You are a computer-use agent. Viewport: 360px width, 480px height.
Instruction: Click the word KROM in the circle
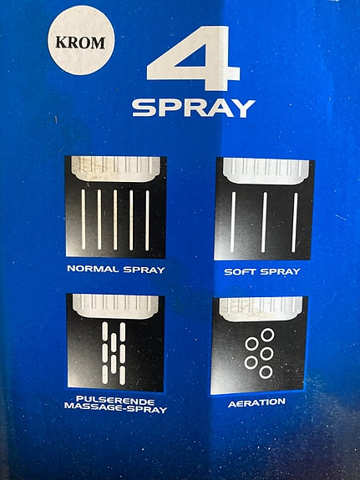click(80, 43)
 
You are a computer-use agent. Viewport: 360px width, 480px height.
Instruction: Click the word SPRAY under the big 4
click(194, 108)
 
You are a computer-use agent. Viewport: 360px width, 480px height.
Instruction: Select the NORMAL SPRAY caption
click(116, 270)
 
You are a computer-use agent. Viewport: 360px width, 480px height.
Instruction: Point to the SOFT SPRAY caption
click(262, 271)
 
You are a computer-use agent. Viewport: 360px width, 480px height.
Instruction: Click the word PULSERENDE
click(115, 401)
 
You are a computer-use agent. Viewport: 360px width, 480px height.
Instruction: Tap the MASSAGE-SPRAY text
click(116, 408)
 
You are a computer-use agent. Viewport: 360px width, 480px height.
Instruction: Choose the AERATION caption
click(256, 402)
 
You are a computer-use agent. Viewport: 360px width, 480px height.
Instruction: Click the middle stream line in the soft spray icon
click(264, 222)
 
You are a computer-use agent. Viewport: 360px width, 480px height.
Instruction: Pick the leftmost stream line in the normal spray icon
click(84, 220)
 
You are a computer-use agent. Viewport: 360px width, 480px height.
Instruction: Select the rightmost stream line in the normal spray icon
click(147, 220)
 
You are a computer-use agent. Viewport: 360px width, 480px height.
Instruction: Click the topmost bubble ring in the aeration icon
click(267, 335)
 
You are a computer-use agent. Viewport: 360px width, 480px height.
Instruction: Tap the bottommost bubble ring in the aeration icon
click(266, 372)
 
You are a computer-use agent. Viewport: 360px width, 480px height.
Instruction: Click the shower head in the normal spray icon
click(116, 169)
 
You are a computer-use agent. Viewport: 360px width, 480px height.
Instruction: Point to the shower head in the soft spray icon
click(266, 171)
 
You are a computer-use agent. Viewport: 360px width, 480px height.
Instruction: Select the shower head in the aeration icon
click(261, 309)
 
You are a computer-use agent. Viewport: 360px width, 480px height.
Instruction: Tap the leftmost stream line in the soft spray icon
click(233, 222)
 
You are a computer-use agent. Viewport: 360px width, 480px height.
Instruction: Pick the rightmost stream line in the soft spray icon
click(295, 223)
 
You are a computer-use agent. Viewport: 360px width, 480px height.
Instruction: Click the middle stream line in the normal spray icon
click(115, 220)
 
